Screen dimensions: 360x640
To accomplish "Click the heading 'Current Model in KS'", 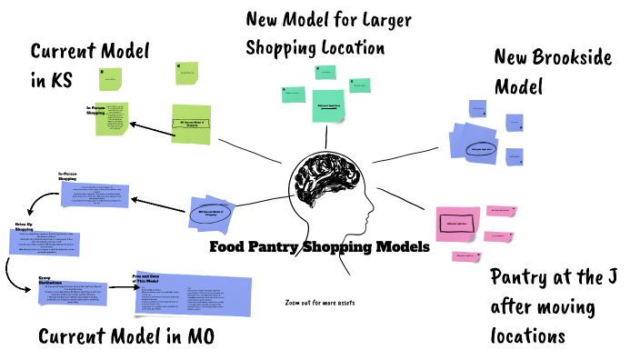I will click(89, 65).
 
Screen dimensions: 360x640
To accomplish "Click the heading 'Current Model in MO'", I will click(126, 337).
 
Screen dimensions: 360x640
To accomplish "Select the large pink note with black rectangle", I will click(457, 222).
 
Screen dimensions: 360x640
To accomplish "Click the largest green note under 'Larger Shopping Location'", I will click(329, 105).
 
